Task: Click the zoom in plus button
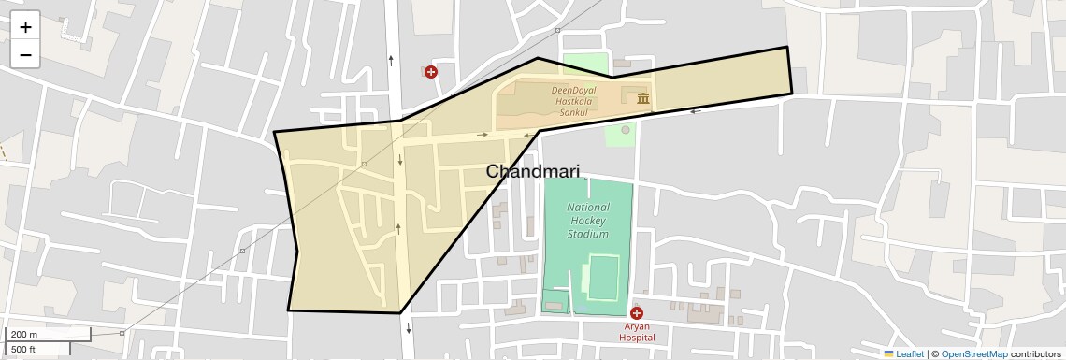pos(25,27)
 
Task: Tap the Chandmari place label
pos(532,172)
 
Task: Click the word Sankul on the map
pos(573,112)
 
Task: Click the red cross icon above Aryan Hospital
pos(637,313)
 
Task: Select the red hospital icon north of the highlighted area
pos(431,72)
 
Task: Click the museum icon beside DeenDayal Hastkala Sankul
pos(643,98)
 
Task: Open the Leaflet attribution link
pos(910,353)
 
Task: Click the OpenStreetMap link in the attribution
pos(973,353)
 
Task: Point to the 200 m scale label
pos(24,335)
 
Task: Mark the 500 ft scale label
pos(23,350)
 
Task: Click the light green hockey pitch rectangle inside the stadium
pos(603,278)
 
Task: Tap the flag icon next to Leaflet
pos(888,353)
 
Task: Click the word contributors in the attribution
pos(1035,353)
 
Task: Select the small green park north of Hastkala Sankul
pos(585,65)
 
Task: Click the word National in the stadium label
pos(589,208)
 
